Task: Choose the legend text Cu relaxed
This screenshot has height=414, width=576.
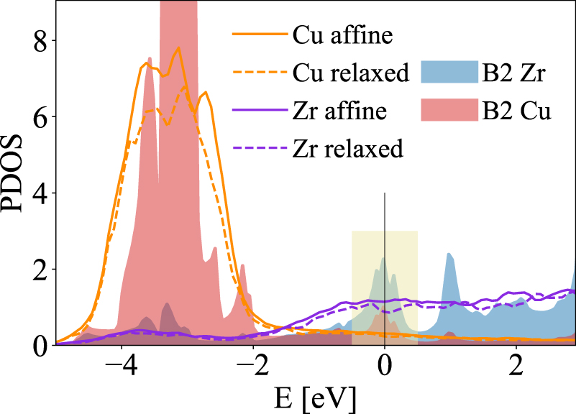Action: [351, 72]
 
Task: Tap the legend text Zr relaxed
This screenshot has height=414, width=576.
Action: [349, 149]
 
